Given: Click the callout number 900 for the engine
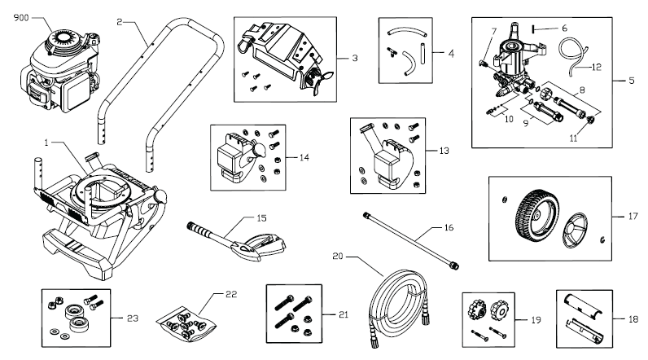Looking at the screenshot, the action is point(21,18).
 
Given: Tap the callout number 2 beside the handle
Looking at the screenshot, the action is point(120,22).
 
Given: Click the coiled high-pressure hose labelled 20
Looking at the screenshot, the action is point(396,306).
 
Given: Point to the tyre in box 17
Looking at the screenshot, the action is point(537,215).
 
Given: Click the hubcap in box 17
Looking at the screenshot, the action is point(575,230).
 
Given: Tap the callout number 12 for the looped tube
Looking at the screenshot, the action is point(597,67).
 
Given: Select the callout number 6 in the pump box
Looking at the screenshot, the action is point(564,29).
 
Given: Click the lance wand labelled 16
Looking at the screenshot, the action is point(411,241).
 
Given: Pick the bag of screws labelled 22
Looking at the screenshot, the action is point(186,323).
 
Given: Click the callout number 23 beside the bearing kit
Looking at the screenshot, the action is point(132,318).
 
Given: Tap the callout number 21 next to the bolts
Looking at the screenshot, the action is point(344,315).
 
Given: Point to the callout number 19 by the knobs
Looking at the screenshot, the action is point(536,320).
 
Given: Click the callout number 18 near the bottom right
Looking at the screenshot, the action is point(633,319).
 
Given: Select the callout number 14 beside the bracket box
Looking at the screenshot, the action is point(304,157).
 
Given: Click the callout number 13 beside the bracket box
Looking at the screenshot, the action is point(444,151).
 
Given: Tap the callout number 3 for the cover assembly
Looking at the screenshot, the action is point(355,59).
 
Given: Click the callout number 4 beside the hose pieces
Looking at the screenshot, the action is point(451,53).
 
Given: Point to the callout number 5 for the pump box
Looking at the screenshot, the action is point(632,81).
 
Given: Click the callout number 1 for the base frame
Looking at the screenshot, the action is point(46,143).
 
